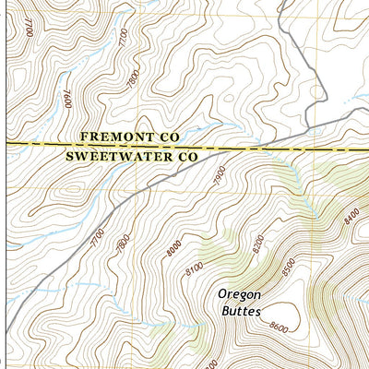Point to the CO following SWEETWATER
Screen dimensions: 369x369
[187, 157]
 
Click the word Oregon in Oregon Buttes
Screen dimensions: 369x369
[240, 295]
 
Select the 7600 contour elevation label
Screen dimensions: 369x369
[67, 99]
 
